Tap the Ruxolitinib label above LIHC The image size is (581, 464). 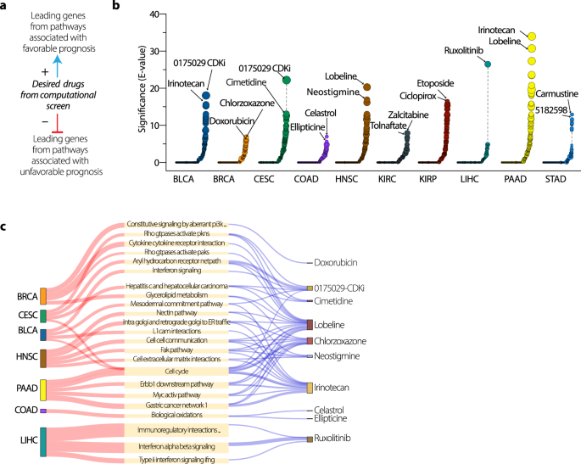pyautogui.click(x=466, y=50)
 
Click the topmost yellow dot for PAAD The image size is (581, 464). pyautogui.click(x=532, y=36)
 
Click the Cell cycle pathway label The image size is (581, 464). pyautogui.click(x=176, y=371)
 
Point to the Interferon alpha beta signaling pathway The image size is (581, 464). pyautogui.click(x=176, y=446)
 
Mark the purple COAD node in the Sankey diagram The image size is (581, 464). pyautogui.click(x=42, y=411)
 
